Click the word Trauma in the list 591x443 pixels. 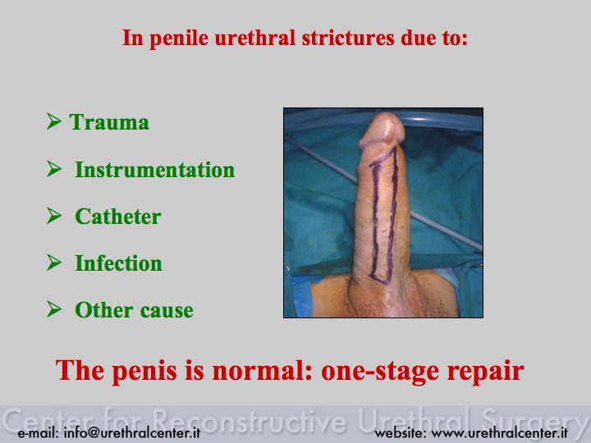point(109,122)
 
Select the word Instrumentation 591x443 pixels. point(155,170)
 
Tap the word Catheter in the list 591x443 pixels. point(118,217)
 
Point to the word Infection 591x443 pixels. point(118,263)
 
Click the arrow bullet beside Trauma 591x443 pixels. point(54,121)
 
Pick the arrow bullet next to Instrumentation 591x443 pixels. point(54,168)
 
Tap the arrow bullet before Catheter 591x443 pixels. point(54,215)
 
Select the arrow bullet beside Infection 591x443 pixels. point(54,262)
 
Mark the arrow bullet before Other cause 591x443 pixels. point(54,308)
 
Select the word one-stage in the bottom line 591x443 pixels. point(380,372)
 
